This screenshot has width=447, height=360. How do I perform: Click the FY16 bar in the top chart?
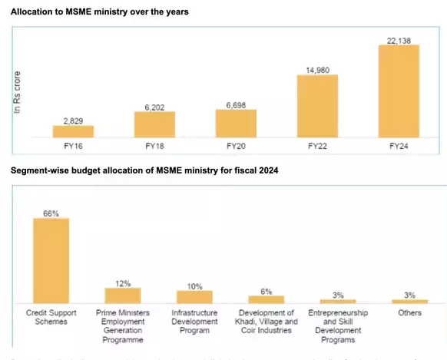coord(73,131)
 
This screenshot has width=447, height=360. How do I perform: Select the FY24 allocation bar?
coord(399,91)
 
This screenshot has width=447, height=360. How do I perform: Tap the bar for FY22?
coord(317,107)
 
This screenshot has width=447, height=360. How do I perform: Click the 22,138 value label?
coord(399,40)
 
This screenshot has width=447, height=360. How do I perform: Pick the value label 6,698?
coord(236,104)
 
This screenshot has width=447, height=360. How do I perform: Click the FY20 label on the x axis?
coord(236,144)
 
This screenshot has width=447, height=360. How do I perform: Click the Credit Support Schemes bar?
coord(51,260)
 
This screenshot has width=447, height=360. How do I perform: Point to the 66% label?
coord(51,213)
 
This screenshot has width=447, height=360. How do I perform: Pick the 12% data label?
coord(123,282)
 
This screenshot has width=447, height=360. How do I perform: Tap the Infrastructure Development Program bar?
coord(194,296)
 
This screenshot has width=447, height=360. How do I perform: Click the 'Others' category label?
coord(409,313)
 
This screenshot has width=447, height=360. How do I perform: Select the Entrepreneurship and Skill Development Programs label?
coord(338,326)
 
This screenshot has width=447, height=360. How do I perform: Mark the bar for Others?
coord(409,301)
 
